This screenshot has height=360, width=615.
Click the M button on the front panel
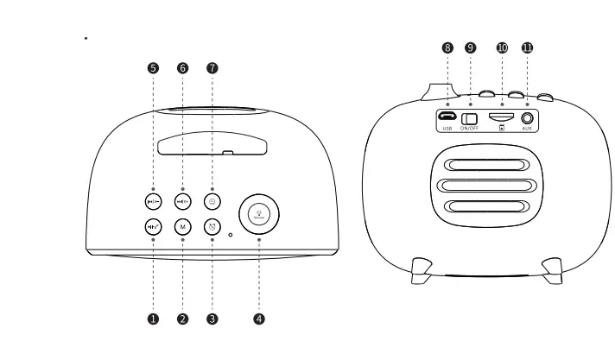click(182, 227)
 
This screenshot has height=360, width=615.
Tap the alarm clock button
click(212, 227)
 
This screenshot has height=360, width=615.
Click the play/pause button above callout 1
click(153, 227)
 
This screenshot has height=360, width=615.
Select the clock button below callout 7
click(212, 201)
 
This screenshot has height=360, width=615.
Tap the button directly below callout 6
click(182, 201)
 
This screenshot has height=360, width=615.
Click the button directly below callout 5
click(153, 201)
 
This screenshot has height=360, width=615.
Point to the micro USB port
click(447, 117)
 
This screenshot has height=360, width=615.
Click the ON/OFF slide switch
click(471, 117)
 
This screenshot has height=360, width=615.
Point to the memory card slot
click(501, 116)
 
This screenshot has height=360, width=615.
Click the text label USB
click(447, 129)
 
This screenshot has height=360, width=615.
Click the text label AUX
click(527, 129)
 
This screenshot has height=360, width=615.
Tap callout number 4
click(259, 319)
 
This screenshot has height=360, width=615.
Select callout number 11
click(527, 48)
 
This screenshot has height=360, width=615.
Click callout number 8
click(447, 48)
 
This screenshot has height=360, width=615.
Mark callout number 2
click(182, 319)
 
